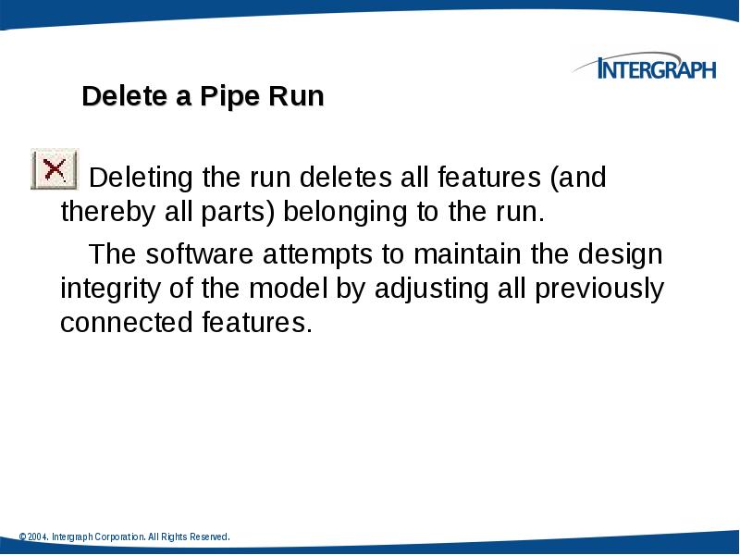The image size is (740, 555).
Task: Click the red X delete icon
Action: (x=55, y=169)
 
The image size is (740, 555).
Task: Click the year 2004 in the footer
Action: (x=36, y=537)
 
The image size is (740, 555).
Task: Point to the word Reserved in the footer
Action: (x=208, y=537)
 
